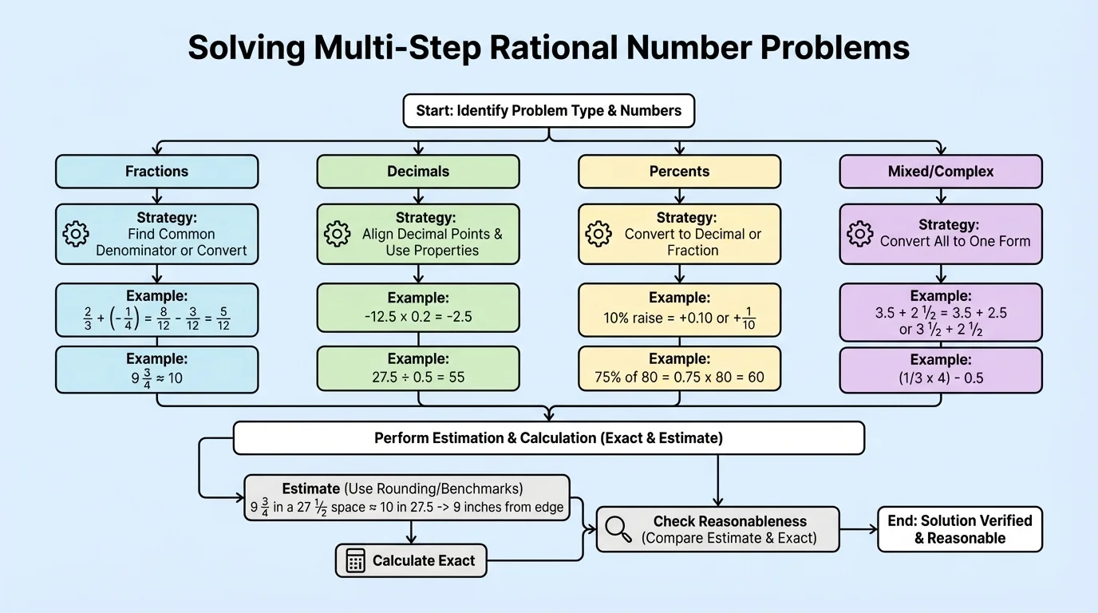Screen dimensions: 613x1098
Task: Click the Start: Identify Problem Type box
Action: coord(548,110)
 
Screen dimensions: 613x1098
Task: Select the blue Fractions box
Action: coord(156,171)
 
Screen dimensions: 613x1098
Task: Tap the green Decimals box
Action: coord(417,171)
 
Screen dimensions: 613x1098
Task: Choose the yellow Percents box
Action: coord(679,171)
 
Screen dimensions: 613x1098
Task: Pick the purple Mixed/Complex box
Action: coord(941,171)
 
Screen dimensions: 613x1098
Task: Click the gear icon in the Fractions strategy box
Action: coord(76,234)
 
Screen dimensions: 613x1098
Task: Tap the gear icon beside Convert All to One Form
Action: coord(859,234)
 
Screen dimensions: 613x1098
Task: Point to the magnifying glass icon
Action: coord(618,528)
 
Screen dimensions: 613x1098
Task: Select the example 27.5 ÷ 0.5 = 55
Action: coord(418,378)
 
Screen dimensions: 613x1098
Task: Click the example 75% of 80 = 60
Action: coord(679,378)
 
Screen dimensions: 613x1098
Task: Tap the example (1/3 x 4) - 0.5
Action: coord(941,378)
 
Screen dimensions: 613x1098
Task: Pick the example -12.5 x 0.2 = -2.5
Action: coord(418,316)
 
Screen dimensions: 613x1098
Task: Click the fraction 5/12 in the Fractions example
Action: coord(223,318)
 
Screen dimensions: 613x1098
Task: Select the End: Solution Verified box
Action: coord(959,528)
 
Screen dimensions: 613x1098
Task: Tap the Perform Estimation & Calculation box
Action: coord(548,438)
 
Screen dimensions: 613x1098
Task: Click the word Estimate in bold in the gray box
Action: coord(310,488)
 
